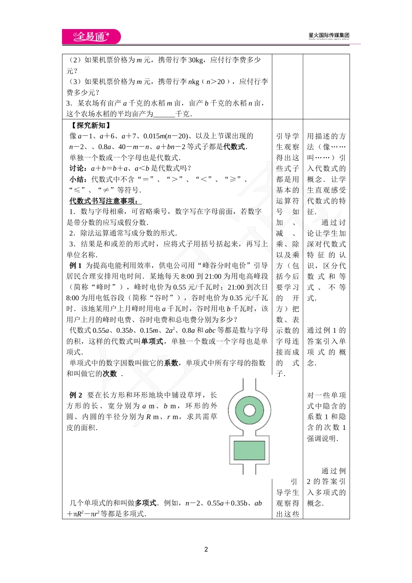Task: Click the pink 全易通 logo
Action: point(91,36)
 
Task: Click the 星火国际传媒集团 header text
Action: point(329,36)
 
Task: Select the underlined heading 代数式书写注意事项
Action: point(104,201)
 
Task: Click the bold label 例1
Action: point(75,265)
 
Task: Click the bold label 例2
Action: point(75,395)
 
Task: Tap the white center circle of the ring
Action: point(249,410)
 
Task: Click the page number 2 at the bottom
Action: point(206,549)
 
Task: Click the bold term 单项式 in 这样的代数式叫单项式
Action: point(152,341)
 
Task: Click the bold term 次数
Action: point(110,374)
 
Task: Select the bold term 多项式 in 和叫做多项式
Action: point(146,503)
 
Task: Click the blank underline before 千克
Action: point(164,114)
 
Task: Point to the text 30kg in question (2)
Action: point(196,60)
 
